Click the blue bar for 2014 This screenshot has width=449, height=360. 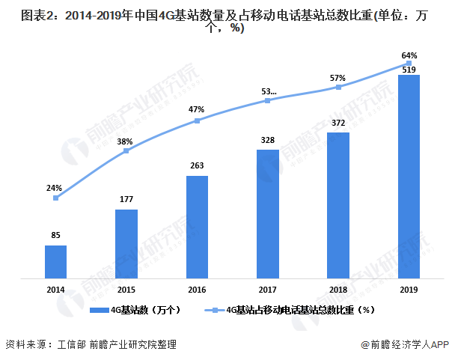click(x=55, y=262)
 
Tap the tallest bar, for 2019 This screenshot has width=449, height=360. click(x=409, y=177)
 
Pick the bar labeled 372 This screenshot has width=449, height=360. click(x=338, y=206)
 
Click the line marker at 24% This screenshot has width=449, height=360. click(x=55, y=198)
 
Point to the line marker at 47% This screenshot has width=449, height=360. click(x=197, y=120)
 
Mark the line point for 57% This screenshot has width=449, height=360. click(x=338, y=87)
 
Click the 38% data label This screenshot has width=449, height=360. click(x=125, y=141)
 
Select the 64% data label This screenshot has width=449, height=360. click(x=409, y=55)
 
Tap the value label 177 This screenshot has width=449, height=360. click(x=126, y=199)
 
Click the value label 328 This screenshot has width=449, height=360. click(x=267, y=139)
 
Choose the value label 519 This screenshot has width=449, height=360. click(x=409, y=69)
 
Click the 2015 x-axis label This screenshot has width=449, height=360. click(x=126, y=290)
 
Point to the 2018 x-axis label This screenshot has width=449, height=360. click(x=338, y=290)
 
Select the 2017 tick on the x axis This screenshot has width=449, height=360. click(x=267, y=290)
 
